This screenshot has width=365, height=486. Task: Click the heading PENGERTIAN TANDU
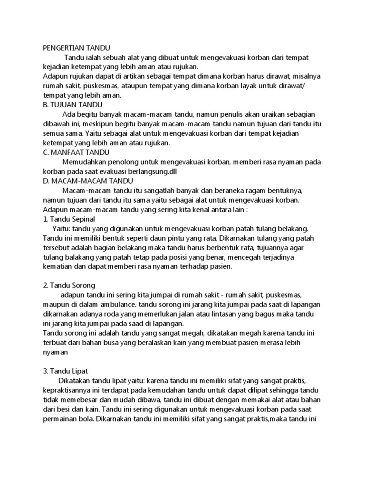77,48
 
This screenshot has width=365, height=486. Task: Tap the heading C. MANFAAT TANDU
76,152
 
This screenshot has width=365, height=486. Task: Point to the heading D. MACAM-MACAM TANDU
88,181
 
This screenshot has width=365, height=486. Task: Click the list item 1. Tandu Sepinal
69,219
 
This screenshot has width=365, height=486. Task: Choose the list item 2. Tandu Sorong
69,285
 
